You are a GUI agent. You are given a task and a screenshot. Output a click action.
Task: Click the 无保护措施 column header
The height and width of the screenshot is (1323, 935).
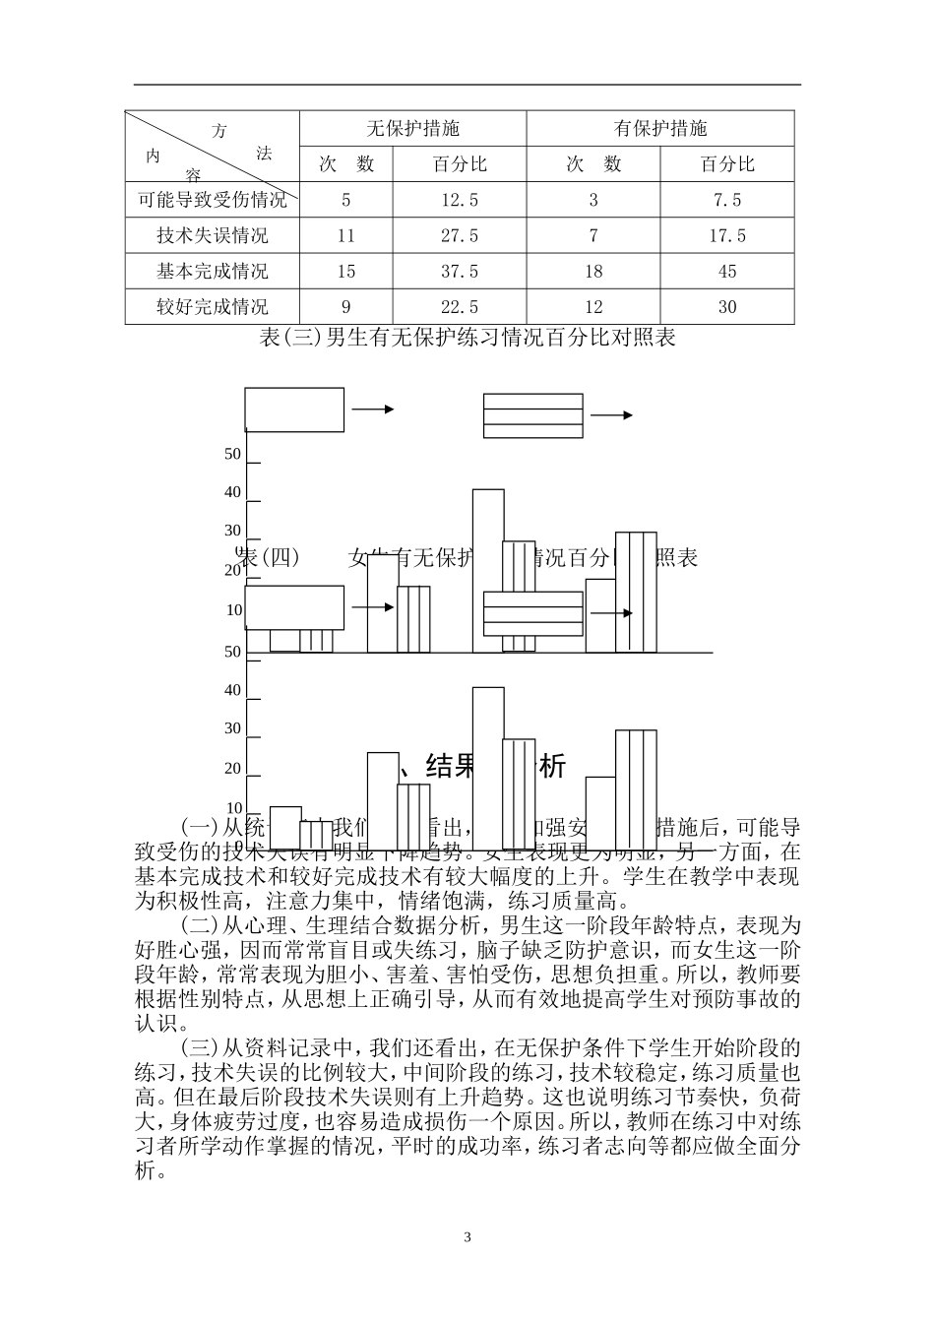tap(412, 129)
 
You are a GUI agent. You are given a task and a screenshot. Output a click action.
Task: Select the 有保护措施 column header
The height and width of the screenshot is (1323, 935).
tap(660, 129)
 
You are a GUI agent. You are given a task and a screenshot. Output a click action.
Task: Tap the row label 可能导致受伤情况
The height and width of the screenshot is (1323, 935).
tap(213, 201)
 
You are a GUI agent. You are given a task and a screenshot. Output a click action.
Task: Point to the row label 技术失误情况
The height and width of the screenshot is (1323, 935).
tap(213, 236)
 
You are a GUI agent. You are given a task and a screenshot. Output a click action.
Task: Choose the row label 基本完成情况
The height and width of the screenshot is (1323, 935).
tap(213, 272)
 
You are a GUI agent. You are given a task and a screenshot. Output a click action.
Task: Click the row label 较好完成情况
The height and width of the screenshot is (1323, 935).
tap(213, 307)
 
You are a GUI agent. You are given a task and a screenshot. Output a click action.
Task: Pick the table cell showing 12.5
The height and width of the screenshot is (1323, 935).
tap(460, 201)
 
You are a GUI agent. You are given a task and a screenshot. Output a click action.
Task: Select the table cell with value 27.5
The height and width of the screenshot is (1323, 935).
tap(460, 236)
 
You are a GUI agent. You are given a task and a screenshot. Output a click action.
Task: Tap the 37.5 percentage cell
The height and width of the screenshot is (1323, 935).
tap(460, 272)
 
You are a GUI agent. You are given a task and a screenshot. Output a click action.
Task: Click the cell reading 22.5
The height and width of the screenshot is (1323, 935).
tap(460, 307)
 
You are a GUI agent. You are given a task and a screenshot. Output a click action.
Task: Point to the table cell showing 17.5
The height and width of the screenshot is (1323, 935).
tap(727, 236)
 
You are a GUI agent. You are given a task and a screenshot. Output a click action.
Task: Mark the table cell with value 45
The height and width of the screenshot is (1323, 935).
tap(727, 272)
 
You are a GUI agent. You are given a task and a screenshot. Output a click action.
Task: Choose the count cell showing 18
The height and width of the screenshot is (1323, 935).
tap(593, 272)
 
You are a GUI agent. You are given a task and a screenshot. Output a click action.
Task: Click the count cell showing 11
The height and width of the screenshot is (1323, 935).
tap(345, 236)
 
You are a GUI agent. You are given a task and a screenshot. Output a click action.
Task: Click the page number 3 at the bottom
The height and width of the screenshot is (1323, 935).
tap(467, 1237)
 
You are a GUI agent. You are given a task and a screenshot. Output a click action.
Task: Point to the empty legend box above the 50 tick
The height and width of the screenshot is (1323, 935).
tap(294, 409)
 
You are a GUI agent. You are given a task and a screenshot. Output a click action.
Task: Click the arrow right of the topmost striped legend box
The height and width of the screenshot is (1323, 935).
tap(612, 415)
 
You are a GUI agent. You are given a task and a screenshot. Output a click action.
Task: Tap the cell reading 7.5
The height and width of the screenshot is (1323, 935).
tap(727, 201)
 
